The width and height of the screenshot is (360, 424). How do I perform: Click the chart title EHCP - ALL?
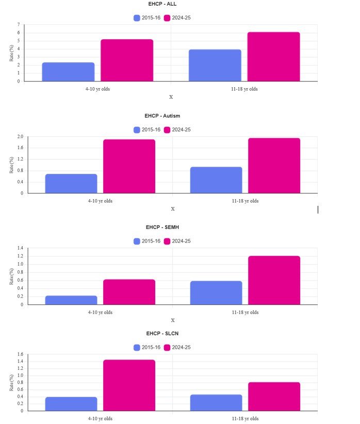[162, 4]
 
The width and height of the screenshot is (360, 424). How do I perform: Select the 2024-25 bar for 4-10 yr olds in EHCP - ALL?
[127, 60]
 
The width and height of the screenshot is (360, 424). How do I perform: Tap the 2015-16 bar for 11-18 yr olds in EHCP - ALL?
[215, 66]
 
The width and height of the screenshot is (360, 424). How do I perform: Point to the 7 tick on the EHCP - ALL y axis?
[18, 25]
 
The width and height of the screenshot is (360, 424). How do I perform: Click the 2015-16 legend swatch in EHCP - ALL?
[137, 18]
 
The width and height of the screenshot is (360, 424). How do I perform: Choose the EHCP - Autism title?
[162, 116]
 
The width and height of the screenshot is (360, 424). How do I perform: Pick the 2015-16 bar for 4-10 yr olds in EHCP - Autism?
[71, 184]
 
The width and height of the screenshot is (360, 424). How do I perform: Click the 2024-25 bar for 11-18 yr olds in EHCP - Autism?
[274, 166]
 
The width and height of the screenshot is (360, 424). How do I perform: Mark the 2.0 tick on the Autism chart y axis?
[21, 137]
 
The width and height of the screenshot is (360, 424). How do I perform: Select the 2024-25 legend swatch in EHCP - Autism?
[167, 130]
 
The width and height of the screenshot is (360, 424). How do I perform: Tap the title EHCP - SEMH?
[162, 227]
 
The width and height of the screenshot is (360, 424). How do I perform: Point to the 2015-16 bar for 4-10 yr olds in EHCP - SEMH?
[71, 300]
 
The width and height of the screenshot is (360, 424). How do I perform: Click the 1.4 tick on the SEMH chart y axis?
[21, 248]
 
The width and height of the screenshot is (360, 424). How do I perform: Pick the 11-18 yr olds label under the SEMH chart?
[245, 312]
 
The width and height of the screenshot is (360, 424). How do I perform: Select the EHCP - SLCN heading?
[162, 334]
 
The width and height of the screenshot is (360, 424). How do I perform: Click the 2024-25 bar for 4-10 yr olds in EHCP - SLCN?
[129, 385]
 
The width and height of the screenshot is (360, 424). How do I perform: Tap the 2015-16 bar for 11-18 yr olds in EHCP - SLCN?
[216, 403]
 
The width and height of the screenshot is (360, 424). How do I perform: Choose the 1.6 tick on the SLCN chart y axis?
[21, 354]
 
